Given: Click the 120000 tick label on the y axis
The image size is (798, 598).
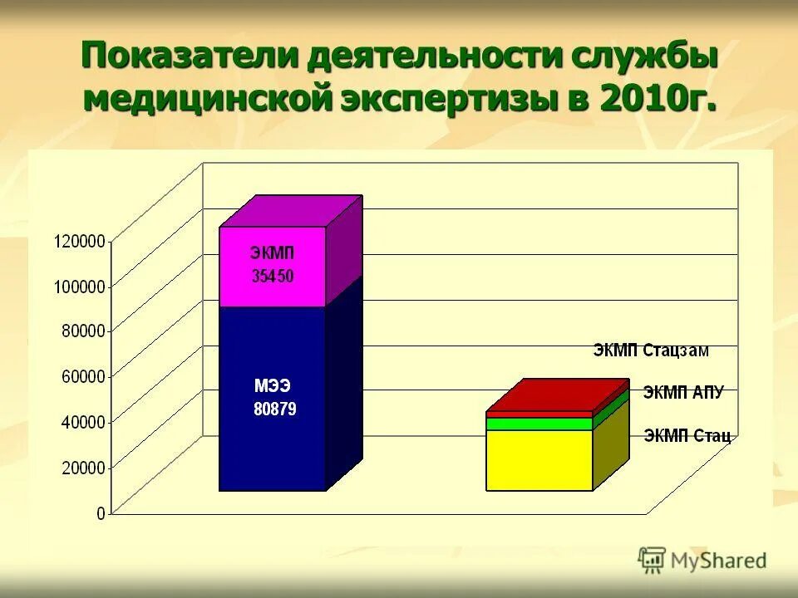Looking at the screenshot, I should tap(80, 241).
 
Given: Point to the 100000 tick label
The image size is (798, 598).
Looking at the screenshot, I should tap(80, 286).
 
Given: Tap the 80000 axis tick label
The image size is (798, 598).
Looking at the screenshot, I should tap(83, 331).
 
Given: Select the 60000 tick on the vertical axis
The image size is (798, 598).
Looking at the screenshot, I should tap(83, 375).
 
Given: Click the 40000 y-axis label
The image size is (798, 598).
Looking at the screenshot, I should tap(83, 421).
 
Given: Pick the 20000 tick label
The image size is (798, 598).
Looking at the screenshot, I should tap(83, 467).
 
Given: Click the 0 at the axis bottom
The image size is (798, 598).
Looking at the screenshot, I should tap(101, 512).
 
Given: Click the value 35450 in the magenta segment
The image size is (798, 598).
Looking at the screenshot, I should tap(273, 277).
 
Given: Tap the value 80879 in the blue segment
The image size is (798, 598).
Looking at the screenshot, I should tap(274, 409).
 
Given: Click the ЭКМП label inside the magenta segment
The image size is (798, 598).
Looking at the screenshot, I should tap(273, 253).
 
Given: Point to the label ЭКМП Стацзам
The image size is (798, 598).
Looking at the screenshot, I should tap(651, 350).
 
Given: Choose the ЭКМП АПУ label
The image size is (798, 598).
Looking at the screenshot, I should tap(682, 393).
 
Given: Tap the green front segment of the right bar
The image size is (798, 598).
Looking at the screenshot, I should tap(539, 424).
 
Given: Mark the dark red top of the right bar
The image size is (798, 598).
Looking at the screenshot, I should tap(557, 395).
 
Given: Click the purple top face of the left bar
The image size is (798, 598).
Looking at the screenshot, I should tap(291, 211).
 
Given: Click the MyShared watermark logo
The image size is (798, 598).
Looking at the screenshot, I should tap(702, 561).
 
